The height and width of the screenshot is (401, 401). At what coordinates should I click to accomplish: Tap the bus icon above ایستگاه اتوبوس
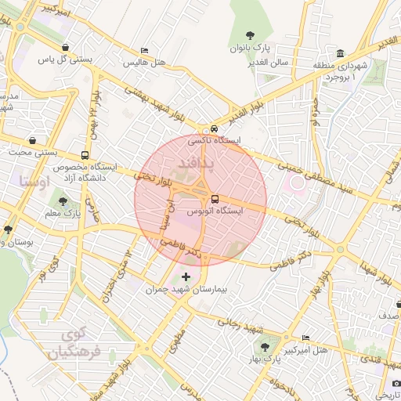click(x=215, y=198)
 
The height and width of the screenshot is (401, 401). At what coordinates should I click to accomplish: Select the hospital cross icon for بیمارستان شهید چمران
click(x=186, y=276)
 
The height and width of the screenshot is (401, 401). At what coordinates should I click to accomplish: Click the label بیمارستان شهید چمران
click(x=186, y=289)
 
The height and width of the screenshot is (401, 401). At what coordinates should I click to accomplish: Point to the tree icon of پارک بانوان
click(x=250, y=35)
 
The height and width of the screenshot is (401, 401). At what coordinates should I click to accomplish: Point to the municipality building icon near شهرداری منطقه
click(x=341, y=53)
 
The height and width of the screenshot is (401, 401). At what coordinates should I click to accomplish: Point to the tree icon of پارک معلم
click(x=63, y=201)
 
